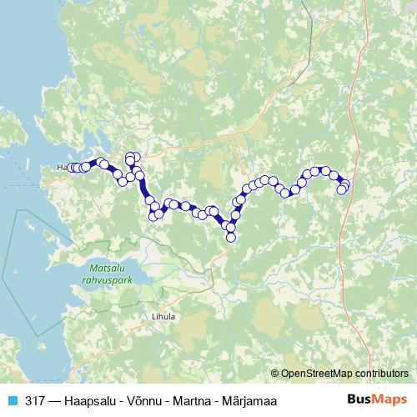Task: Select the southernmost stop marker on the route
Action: coord(231,237)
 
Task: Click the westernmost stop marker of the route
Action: coord(71,168)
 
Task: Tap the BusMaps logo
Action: coord(376,399)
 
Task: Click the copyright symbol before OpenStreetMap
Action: coord(275,373)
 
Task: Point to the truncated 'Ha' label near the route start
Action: coord(61,168)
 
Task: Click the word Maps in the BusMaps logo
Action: coord(389,399)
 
